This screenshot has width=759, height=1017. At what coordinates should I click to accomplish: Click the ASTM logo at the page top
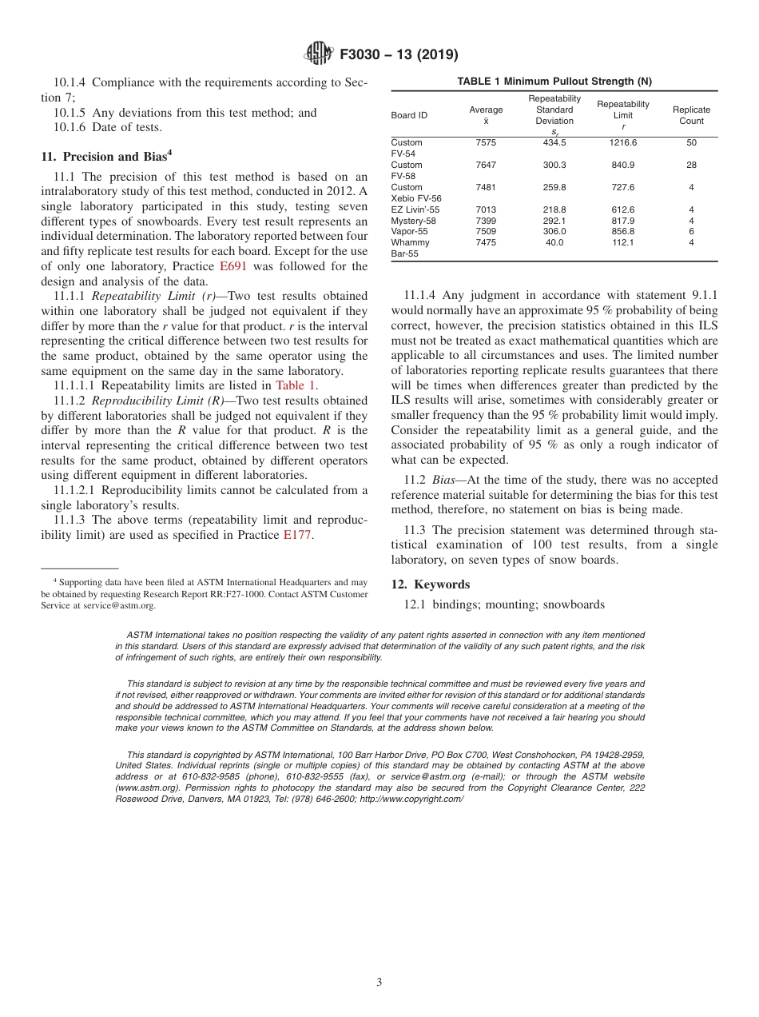(x=320, y=54)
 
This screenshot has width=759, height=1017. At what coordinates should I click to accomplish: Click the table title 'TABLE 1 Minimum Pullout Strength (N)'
(x=554, y=82)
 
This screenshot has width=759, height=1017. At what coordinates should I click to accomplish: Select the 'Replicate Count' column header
(x=691, y=115)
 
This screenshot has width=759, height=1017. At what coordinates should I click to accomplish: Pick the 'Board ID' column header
(x=409, y=115)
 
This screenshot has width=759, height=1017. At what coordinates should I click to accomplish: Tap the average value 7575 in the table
(x=486, y=142)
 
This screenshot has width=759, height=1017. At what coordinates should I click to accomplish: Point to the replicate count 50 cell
(x=691, y=142)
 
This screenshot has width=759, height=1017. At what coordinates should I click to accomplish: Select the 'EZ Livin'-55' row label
(x=415, y=209)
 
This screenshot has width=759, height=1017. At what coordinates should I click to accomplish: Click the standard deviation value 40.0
(x=554, y=242)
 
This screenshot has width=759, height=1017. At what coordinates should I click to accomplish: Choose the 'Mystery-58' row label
(x=412, y=221)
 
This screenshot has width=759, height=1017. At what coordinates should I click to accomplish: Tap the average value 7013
(x=486, y=209)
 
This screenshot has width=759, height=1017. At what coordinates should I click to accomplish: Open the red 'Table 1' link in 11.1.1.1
(x=296, y=386)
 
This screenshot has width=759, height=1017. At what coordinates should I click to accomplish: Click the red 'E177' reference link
(x=298, y=535)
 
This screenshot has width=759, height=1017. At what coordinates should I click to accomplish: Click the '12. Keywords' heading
(x=431, y=584)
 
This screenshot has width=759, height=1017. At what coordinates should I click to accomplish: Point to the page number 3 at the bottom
(x=379, y=982)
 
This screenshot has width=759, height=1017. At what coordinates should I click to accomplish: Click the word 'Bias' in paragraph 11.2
(x=443, y=480)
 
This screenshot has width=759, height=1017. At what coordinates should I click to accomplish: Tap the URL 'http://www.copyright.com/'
(x=411, y=799)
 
